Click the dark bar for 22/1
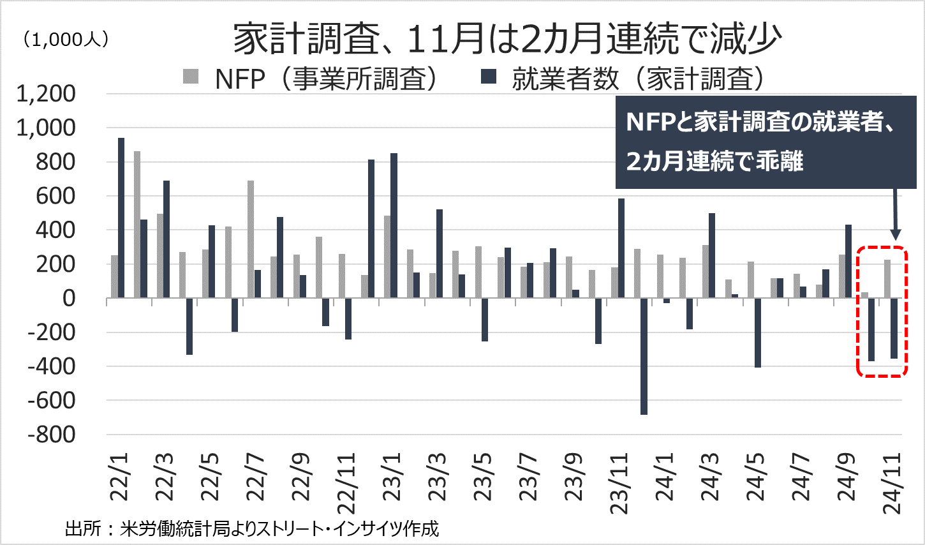[x=121, y=218]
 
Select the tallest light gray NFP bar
[x=137, y=224]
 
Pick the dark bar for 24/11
[x=894, y=328]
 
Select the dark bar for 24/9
[x=848, y=261]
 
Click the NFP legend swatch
[x=191, y=77]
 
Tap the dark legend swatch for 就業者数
[x=489, y=77]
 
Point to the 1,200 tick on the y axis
[x=46, y=94]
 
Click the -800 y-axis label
[x=51, y=435]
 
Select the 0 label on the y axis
[x=68, y=298]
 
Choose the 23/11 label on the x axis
[x=619, y=483]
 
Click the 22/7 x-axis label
[x=256, y=477]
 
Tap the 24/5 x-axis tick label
[x=756, y=477]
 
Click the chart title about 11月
[x=507, y=40]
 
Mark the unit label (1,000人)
[x=66, y=40]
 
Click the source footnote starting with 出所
[x=252, y=528]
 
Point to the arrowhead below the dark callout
[x=894, y=234]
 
